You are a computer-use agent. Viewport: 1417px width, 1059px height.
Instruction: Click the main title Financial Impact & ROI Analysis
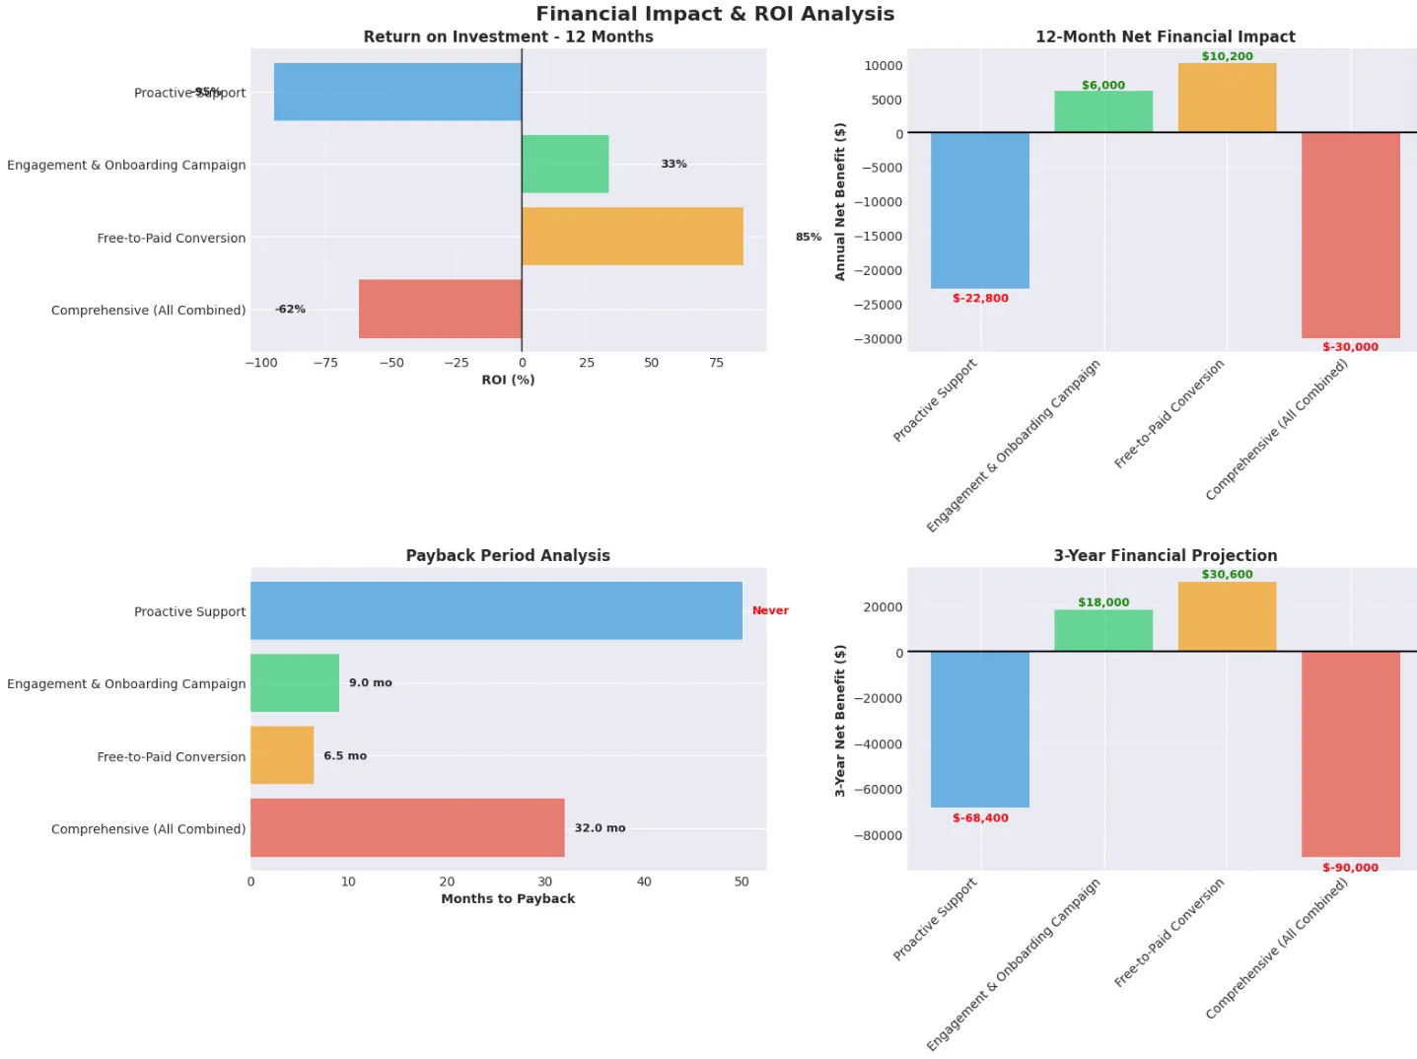pyautogui.click(x=715, y=14)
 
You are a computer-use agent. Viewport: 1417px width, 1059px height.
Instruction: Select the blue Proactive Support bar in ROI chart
pyautogui.click(x=397, y=92)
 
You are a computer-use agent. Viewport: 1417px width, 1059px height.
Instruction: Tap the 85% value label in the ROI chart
pyautogui.click(x=808, y=237)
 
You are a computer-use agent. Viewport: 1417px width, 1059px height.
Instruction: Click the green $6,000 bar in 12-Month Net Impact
pyautogui.click(x=1102, y=111)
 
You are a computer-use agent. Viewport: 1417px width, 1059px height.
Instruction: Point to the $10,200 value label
pyautogui.click(x=1227, y=56)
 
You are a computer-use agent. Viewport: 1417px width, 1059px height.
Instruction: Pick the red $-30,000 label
pyautogui.click(x=1350, y=347)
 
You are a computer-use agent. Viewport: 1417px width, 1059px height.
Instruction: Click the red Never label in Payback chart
pyautogui.click(x=770, y=610)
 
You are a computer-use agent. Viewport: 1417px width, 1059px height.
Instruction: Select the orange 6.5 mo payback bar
pyautogui.click(x=282, y=755)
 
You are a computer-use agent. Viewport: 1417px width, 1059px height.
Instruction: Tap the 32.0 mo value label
pyautogui.click(x=600, y=828)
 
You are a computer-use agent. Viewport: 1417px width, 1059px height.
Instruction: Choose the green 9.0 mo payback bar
pyautogui.click(x=295, y=682)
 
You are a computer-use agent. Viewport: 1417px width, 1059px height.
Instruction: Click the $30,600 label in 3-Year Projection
pyautogui.click(x=1227, y=574)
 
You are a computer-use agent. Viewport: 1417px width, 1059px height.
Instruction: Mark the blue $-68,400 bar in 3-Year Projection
pyautogui.click(x=979, y=729)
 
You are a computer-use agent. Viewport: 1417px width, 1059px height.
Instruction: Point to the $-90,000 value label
pyautogui.click(x=1350, y=868)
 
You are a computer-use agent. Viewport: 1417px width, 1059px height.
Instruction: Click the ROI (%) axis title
pyautogui.click(x=508, y=380)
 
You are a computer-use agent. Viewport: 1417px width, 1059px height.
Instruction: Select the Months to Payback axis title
pyautogui.click(x=508, y=898)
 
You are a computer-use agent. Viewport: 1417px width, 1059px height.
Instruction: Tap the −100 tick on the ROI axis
pyautogui.click(x=261, y=363)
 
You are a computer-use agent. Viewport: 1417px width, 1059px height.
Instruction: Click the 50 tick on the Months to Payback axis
pyautogui.click(x=742, y=882)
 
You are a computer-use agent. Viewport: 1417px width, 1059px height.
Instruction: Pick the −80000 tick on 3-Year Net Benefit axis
pyautogui.click(x=878, y=835)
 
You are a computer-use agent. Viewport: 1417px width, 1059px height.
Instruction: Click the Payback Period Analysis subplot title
pyautogui.click(x=508, y=555)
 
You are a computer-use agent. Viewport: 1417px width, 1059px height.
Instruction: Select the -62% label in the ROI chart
pyautogui.click(x=290, y=309)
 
